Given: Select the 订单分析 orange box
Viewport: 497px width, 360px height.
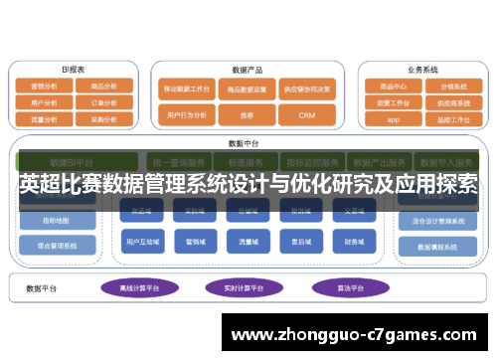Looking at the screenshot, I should point(105,101).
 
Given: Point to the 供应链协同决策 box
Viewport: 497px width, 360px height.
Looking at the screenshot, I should point(306,89).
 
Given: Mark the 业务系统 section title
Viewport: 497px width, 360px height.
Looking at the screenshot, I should point(422,71).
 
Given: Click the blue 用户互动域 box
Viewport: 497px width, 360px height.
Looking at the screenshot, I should point(140,241).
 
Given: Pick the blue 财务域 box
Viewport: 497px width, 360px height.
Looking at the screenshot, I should point(355,241).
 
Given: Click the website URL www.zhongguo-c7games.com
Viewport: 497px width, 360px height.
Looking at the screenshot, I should point(357,336).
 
